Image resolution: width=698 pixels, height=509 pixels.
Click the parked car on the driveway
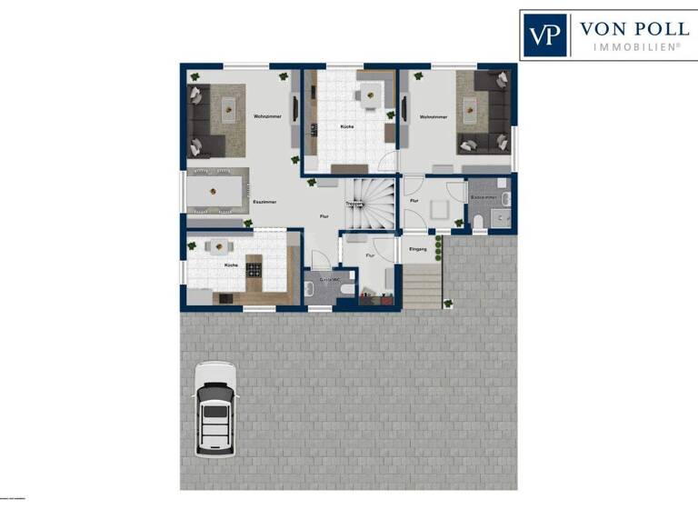click(215, 409)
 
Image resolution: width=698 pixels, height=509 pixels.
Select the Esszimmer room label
click(264, 202)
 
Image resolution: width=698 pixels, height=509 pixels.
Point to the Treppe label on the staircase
click(354, 205)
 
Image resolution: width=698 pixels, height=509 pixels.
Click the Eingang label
click(419, 247)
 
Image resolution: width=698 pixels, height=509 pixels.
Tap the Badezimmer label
click(484, 196)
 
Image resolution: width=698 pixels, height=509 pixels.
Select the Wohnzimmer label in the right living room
click(432, 117)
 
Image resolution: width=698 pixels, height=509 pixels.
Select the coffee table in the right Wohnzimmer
click(471, 110)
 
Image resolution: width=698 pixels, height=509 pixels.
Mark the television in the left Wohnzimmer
click(293, 113)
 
